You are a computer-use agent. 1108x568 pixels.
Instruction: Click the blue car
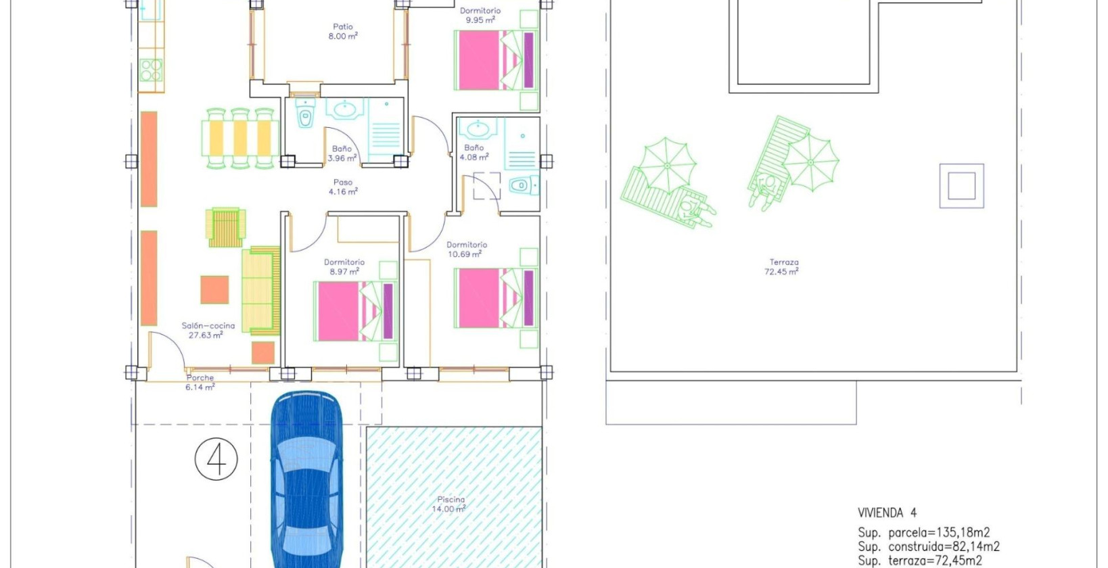[306, 479]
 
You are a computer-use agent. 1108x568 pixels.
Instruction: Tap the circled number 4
[216, 459]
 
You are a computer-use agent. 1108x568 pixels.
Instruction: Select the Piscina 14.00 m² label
[450, 504]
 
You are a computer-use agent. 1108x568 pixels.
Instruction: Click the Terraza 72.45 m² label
[782, 267]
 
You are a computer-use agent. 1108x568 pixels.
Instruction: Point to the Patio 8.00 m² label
[343, 31]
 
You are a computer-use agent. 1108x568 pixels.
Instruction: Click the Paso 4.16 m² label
[343, 187]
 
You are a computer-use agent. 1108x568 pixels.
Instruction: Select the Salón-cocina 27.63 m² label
[208, 330]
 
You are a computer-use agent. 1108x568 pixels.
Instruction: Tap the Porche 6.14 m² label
[200, 382]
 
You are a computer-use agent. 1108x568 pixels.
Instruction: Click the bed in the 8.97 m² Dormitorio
[355, 312]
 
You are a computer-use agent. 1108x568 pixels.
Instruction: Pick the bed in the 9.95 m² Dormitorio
[496, 60]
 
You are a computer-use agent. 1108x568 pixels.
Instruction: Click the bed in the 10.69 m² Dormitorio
[496, 298]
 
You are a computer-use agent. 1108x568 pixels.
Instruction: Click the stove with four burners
[151, 70]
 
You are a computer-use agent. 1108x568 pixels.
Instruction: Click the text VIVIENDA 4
[887, 513]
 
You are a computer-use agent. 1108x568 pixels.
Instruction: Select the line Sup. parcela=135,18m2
[923, 532]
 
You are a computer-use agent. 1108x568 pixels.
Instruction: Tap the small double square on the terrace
[962, 186]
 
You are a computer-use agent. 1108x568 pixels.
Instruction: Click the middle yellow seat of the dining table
[240, 139]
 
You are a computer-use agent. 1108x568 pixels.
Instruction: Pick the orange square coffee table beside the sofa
[214, 289]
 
